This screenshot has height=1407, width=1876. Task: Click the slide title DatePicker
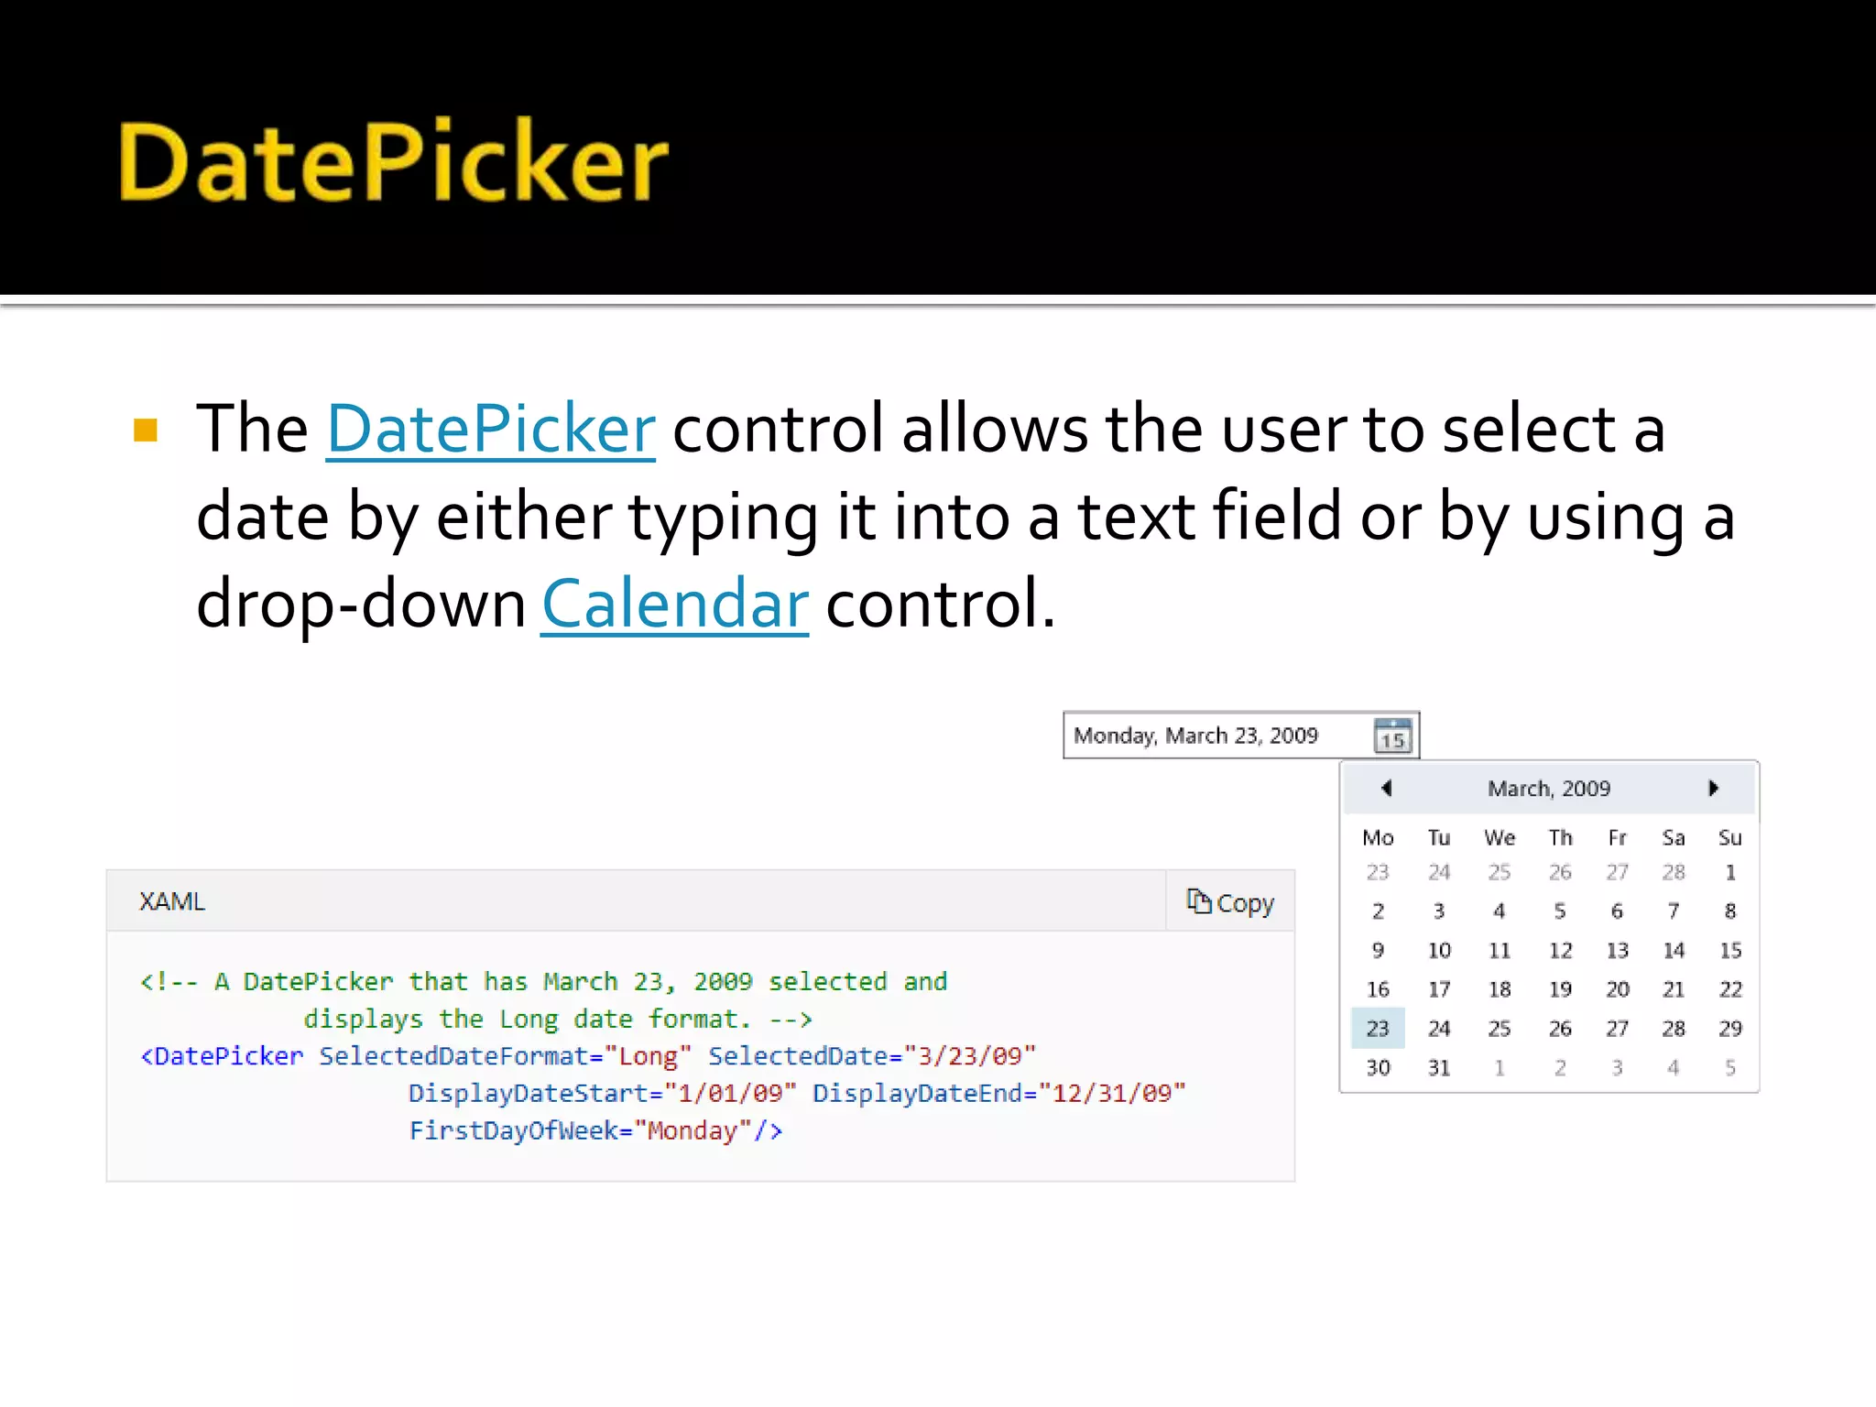click(x=394, y=162)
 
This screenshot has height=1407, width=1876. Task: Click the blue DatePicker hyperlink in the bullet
click(x=491, y=429)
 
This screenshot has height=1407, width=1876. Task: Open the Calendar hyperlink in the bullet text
click(x=674, y=605)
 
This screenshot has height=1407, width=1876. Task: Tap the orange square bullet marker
click(x=146, y=430)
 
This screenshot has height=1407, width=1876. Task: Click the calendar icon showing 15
click(x=1392, y=736)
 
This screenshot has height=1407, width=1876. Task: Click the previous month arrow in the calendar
click(x=1386, y=788)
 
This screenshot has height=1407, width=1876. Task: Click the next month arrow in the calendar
click(x=1713, y=788)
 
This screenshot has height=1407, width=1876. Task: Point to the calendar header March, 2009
click(x=1548, y=789)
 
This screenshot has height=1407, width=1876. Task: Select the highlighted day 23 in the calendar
click(x=1378, y=1029)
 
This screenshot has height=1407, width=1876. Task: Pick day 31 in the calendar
click(x=1439, y=1068)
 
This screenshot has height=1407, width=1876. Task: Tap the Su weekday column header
click(x=1729, y=838)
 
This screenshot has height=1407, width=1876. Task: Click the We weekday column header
click(x=1500, y=838)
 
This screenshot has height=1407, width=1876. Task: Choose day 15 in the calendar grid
click(x=1729, y=951)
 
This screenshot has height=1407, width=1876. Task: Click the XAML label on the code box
click(x=172, y=901)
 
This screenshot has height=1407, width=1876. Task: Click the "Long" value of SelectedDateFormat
click(x=648, y=1056)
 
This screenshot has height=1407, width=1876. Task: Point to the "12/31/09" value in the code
click(x=1112, y=1094)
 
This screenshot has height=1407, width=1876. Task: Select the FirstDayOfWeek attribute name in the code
click(x=513, y=1131)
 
